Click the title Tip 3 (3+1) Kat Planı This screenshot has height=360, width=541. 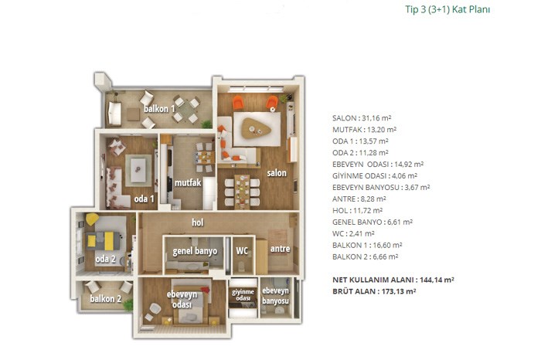(447, 9)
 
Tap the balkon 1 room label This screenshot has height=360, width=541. (159, 109)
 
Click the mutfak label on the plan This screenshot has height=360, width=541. (187, 182)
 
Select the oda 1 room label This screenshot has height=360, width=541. (145, 199)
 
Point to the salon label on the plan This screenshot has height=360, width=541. (277, 173)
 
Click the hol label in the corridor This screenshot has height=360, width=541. (198, 222)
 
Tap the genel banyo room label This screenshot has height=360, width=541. (195, 251)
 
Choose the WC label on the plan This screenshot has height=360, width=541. (242, 251)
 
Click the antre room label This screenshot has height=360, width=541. (280, 249)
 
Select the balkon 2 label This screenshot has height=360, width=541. (106, 299)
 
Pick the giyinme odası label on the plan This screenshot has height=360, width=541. (243, 295)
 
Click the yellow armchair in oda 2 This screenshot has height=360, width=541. (92, 219)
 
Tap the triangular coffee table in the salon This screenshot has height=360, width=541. (256, 128)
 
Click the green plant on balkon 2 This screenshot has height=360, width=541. (128, 305)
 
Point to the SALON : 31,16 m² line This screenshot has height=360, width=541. (362, 118)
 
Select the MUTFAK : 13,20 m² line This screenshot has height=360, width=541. (364, 130)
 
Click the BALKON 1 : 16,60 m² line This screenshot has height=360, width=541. (367, 245)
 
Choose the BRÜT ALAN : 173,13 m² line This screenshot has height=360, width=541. (374, 291)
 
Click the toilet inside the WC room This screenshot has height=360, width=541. (241, 267)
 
